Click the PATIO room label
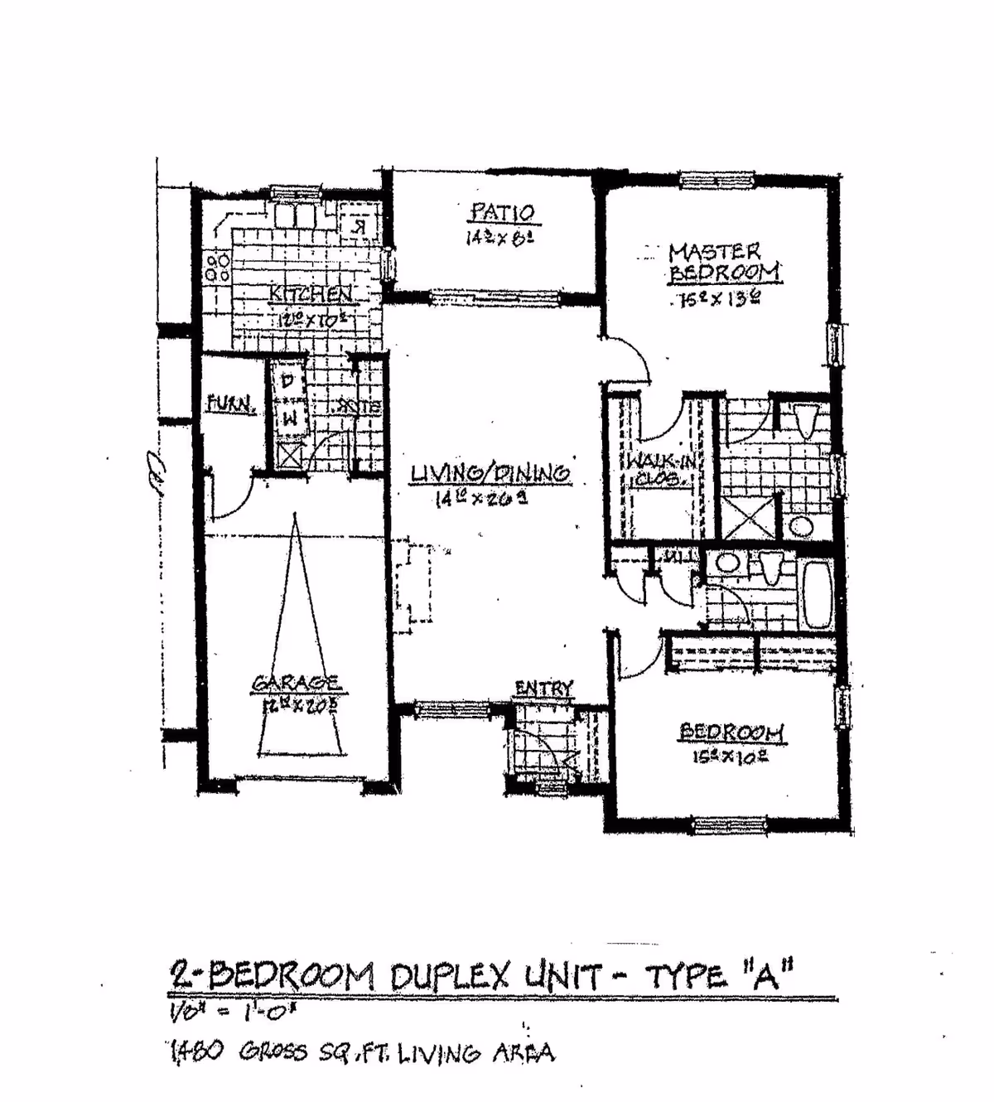pyautogui.click(x=503, y=213)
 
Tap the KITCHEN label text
pyautogui.click(x=311, y=293)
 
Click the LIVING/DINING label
pyautogui.click(x=490, y=473)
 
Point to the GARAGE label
pyautogui.click(x=296, y=683)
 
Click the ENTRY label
pyautogui.click(x=543, y=688)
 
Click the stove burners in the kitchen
pyautogui.click(x=218, y=265)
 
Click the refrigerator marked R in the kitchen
pyautogui.click(x=359, y=225)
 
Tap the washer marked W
pyautogui.click(x=288, y=420)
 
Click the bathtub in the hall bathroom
pyautogui.click(x=818, y=593)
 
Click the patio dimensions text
pyautogui.click(x=502, y=237)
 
